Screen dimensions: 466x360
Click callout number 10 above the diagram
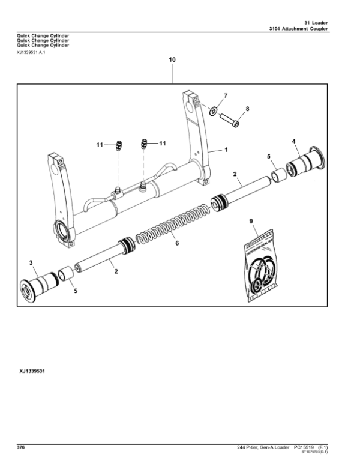pyautogui.click(x=172, y=61)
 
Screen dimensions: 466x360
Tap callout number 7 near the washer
pyautogui.click(x=226, y=97)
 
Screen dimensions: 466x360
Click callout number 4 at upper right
pyautogui.click(x=294, y=141)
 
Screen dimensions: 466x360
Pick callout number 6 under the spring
pyautogui.click(x=176, y=243)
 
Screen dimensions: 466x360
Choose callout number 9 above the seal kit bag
pyautogui.click(x=252, y=223)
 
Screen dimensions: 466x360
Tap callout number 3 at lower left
pyautogui.click(x=30, y=262)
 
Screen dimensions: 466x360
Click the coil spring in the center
pyautogui.click(x=174, y=222)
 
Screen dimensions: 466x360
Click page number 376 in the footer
pyautogui.click(x=21, y=448)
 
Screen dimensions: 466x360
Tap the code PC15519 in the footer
pyautogui.click(x=305, y=448)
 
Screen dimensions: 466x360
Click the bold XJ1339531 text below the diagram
pyautogui.click(x=33, y=372)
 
